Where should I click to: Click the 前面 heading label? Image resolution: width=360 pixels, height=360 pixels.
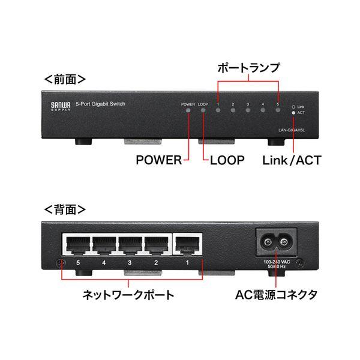coord(65,79)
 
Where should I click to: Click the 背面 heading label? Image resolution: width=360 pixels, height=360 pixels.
coord(65,211)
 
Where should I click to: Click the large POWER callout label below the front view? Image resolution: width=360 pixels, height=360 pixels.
coord(157,160)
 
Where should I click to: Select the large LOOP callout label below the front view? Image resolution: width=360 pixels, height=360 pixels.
coord(227,160)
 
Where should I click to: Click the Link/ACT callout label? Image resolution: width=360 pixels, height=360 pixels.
coord(293,160)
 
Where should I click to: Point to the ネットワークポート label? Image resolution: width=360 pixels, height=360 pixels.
coord(128,295)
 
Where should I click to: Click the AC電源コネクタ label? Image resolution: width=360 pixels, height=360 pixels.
coord(275,295)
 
